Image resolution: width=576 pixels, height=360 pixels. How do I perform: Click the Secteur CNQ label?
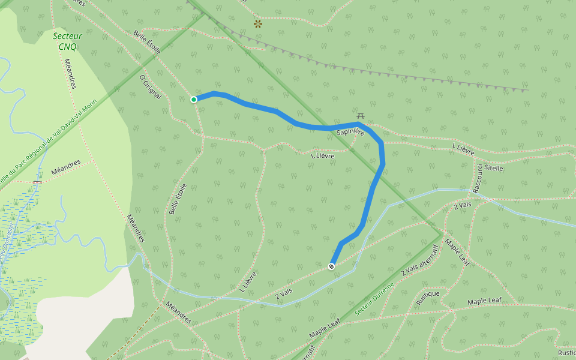[x=67, y=41]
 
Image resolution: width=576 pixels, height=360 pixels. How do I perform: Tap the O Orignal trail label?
[x=151, y=87]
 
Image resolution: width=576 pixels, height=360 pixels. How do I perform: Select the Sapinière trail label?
[x=351, y=131]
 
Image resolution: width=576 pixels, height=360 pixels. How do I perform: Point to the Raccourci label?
[x=477, y=177]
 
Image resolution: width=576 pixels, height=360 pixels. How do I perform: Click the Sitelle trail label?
[x=494, y=168]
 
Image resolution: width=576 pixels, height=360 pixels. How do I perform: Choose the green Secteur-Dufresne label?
[x=376, y=299]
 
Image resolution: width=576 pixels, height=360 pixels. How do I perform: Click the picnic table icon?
[x=361, y=115]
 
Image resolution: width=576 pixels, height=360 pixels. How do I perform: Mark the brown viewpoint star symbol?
[x=258, y=24]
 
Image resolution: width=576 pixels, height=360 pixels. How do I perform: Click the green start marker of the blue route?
[x=194, y=99]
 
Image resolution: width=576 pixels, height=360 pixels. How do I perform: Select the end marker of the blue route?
[x=331, y=266]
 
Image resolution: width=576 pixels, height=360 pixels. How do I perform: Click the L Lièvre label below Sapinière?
[x=323, y=155]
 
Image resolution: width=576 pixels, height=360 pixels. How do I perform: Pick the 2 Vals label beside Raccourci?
[x=464, y=206]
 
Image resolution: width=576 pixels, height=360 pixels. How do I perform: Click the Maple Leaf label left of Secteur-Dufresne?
[x=325, y=328]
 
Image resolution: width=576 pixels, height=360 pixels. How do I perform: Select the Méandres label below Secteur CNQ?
[x=69, y=74]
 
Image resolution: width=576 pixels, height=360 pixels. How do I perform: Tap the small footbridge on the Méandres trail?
[x=37, y=181]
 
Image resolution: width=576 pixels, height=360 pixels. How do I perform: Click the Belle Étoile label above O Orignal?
[x=148, y=42]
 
